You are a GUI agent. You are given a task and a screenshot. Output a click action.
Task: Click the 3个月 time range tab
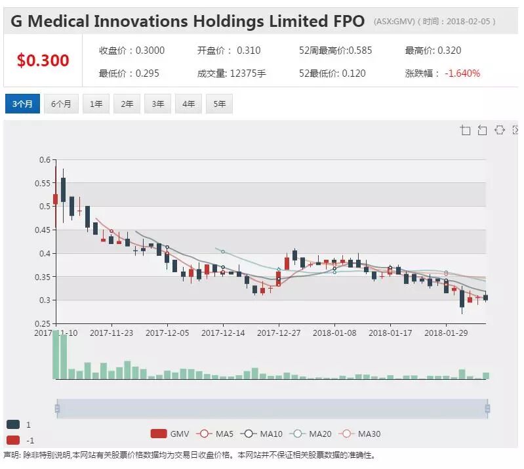tap(22, 104)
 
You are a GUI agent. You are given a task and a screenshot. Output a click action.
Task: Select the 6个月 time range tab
tap(61, 104)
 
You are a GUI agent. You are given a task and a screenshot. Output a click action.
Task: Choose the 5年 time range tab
tap(219, 104)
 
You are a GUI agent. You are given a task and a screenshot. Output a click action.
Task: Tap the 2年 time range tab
tap(127, 104)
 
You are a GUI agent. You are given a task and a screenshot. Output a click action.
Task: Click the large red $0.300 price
tap(43, 60)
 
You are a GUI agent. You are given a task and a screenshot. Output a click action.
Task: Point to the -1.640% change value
tap(462, 73)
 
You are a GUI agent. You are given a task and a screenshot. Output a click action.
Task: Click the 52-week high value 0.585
tap(360, 51)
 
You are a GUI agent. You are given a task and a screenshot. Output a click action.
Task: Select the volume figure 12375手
tap(248, 73)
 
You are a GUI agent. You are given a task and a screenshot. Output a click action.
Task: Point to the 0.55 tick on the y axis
tap(43, 183)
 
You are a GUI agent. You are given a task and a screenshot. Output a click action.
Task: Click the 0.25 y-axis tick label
tap(43, 323)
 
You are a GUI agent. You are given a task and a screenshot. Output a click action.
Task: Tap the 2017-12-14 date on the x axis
tap(223, 333)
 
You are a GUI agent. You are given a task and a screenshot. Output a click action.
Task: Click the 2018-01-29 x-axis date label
tap(446, 333)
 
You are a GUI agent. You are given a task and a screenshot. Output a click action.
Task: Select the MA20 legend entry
tap(311, 434)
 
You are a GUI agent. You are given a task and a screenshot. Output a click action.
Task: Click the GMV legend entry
tap(170, 434)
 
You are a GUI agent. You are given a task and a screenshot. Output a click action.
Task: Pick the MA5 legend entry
tap(215, 434)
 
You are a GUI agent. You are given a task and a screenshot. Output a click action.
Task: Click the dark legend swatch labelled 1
tap(13, 424)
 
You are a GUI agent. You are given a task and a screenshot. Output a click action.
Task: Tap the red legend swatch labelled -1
tap(13, 440)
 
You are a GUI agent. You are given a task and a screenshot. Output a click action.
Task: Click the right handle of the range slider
tap(487, 409)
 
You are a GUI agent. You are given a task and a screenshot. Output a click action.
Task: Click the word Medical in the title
tap(58, 22)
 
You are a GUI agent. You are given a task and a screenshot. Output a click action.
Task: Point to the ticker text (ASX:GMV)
tap(394, 22)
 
